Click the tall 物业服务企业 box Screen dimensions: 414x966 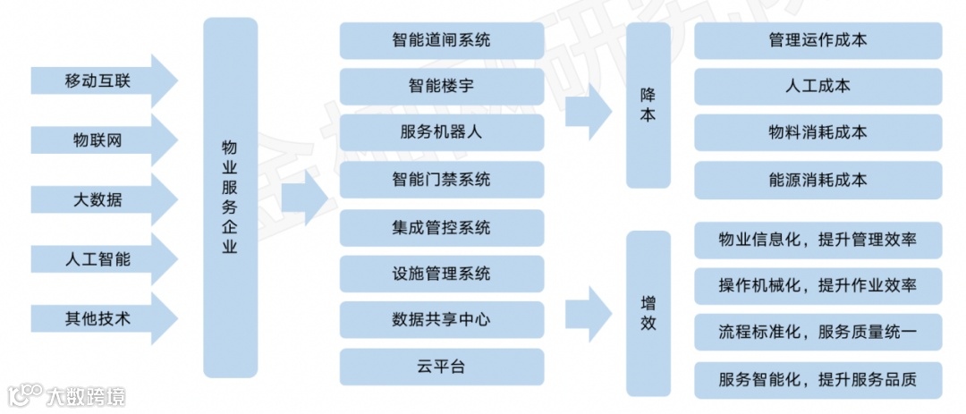230,197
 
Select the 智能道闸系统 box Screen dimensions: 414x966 442,41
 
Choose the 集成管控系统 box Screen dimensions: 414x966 442,227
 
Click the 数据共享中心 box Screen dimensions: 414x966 442,320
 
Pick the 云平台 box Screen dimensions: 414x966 442,367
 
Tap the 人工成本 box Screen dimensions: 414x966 818,87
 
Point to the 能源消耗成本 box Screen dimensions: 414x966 818,180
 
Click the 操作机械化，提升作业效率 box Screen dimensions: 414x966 818,285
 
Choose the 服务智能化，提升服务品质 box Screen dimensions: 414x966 818,378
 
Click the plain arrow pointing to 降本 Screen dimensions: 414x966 589,111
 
